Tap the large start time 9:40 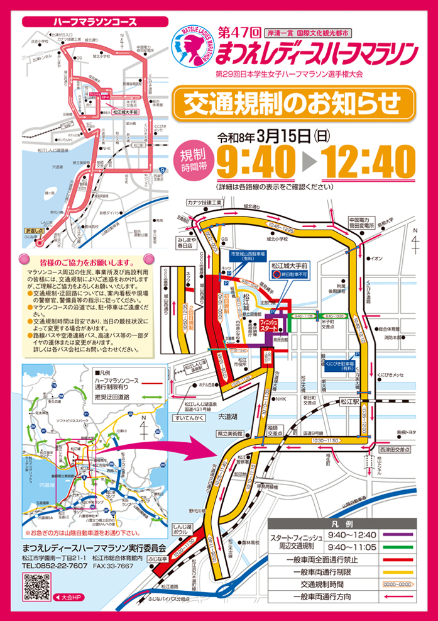(x=256, y=162)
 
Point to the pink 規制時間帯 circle (x=193, y=160)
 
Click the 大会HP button (x=68, y=596)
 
